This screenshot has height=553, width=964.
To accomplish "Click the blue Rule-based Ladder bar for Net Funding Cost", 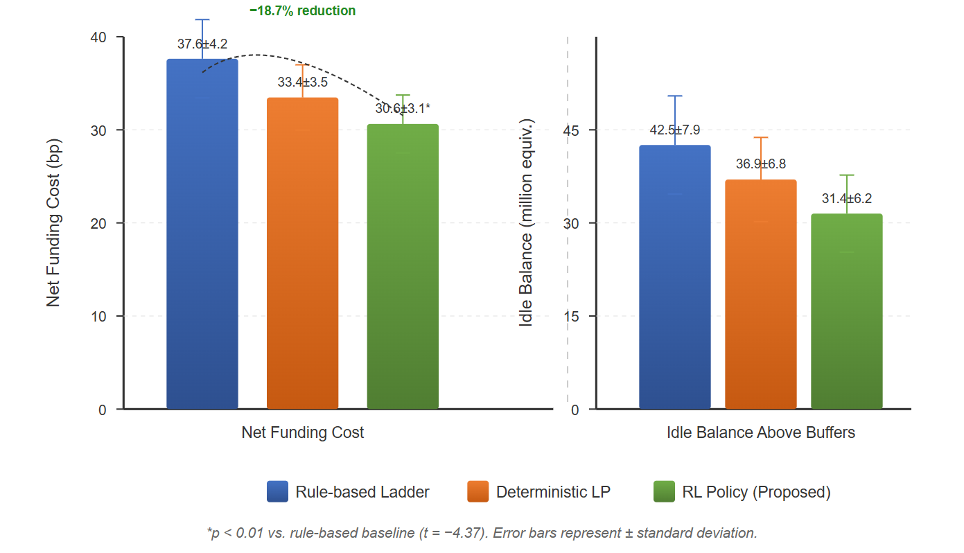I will tap(202, 236).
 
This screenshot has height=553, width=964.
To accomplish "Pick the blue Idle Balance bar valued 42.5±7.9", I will tap(674, 278).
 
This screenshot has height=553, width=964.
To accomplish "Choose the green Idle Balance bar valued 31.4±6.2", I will tap(846, 312).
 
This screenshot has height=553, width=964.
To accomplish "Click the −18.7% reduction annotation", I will tap(302, 11).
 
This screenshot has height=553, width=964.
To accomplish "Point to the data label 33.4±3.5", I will tap(302, 82).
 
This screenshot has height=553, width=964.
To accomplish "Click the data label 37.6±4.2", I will tap(202, 44).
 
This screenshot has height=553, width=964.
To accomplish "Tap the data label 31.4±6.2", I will tap(846, 199).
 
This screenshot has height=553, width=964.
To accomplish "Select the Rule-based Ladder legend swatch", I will tap(277, 492).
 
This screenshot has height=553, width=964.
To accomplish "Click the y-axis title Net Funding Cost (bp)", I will tap(54, 223).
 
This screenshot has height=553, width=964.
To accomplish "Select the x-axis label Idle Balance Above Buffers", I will tap(760, 433).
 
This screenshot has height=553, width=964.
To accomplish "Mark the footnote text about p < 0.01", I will tap(482, 533).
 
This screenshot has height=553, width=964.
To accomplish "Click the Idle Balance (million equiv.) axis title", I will tap(527, 223).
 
